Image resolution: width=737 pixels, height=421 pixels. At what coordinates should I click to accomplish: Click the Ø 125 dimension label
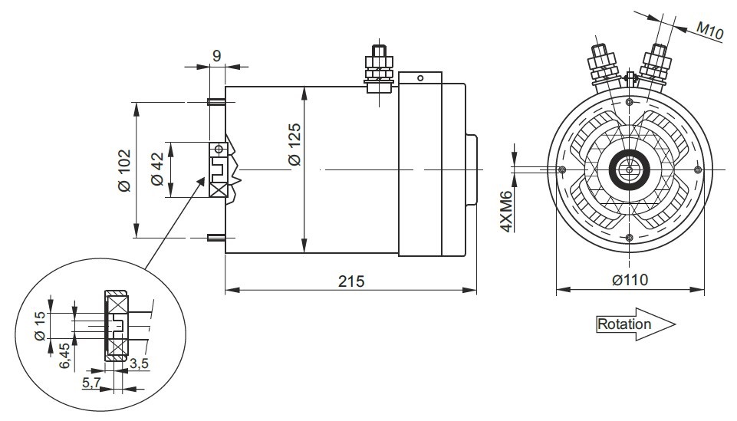pos(295,144)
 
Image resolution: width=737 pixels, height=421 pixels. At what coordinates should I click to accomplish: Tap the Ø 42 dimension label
pos(157,169)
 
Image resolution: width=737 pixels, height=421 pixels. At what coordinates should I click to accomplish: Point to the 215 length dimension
pos(351,281)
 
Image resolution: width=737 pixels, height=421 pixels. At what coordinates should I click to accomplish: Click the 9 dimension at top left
pos(216,56)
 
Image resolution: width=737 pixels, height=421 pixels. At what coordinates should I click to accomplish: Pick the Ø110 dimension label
pos(630,280)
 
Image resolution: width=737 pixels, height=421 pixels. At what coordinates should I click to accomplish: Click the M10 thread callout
pos(709,30)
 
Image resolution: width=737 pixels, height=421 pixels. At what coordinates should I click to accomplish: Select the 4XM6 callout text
pos(505,212)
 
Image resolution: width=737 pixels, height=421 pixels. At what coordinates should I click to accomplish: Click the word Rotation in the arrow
pos(623,324)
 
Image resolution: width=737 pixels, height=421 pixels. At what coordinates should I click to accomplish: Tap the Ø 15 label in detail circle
pos(41,326)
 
